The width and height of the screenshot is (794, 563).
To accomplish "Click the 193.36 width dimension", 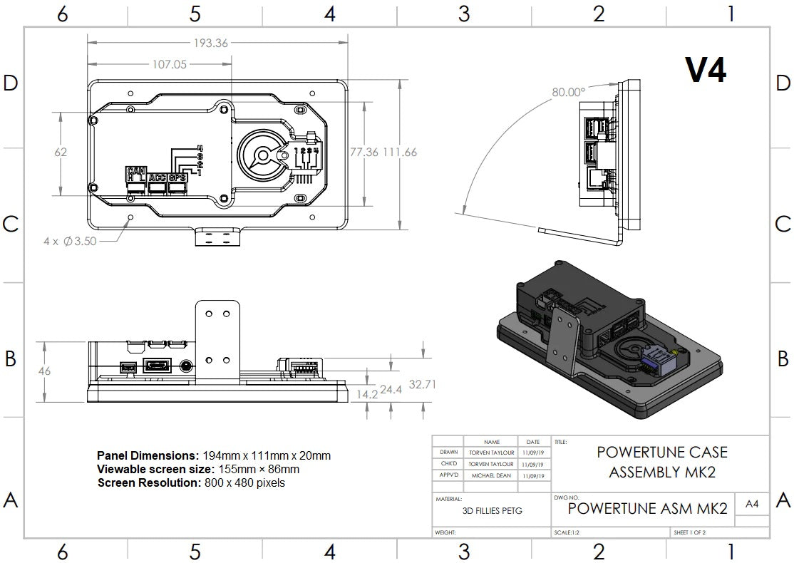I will click(x=211, y=43).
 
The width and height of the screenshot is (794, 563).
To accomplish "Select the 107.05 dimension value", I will click(x=170, y=64).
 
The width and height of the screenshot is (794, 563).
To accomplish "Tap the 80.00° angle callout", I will click(x=568, y=92).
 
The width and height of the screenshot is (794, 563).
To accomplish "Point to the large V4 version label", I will click(x=705, y=70).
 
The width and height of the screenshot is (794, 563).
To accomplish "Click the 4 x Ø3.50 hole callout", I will click(x=70, y=242).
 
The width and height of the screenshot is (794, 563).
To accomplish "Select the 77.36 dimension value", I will click(x=364, y=152).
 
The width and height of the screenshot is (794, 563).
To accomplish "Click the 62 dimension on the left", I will click(x=61, y=152).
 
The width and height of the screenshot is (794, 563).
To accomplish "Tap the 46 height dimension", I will click(x=45, y=371).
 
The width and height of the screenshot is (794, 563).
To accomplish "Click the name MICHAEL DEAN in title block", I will click(x=491, y=475).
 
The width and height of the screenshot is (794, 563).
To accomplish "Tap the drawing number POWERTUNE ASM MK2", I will click(x=647, y=508).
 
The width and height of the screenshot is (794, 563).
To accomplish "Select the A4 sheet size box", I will click(x=751, y=505).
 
